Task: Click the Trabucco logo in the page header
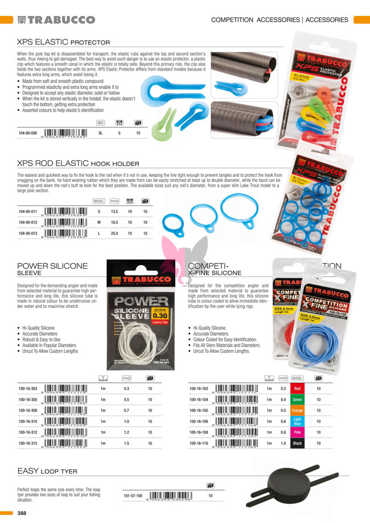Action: [x=56, y=20]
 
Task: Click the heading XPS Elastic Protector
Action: [x=63, y=42]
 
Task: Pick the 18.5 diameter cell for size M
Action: [x=113, y=223]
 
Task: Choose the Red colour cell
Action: [x=297, y=389]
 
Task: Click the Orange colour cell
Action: [x=297, y=410]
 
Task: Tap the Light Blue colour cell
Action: [x=297, y=421]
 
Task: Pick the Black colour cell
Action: [x=297, y=443]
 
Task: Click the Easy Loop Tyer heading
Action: [x=47, y=471]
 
